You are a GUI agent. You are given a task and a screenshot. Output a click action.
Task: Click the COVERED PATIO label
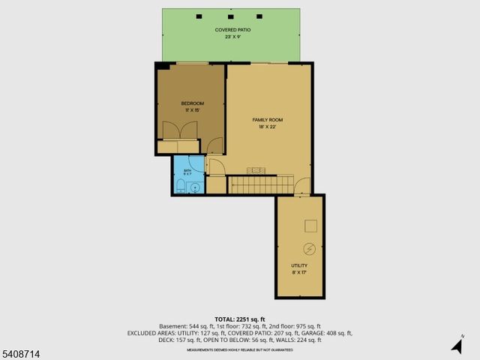(x=232, y=30)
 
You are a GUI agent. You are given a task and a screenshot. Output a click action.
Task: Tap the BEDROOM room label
(x=192, y=103)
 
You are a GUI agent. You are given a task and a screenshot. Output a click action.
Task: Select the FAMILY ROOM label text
(x=268, y=120)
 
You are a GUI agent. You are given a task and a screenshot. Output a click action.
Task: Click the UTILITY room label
(x=299, y=265)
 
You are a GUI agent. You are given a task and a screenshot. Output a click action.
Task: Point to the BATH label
(x=187, y=171)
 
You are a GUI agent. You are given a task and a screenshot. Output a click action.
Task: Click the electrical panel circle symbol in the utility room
(x=309, y=248)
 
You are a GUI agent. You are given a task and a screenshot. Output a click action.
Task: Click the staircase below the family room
(x=262, y=184)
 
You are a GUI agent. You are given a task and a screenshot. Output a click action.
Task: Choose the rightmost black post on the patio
(x=259, y=16)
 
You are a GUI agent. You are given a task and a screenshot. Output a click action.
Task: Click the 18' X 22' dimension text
(x=268, y=127)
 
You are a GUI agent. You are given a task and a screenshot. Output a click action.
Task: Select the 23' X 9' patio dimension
(x=232, y=37)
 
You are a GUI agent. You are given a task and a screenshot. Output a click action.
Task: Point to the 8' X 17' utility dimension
(x=299, y=272)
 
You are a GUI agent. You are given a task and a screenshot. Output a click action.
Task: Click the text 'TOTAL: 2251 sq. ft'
(x=239, y=319)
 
